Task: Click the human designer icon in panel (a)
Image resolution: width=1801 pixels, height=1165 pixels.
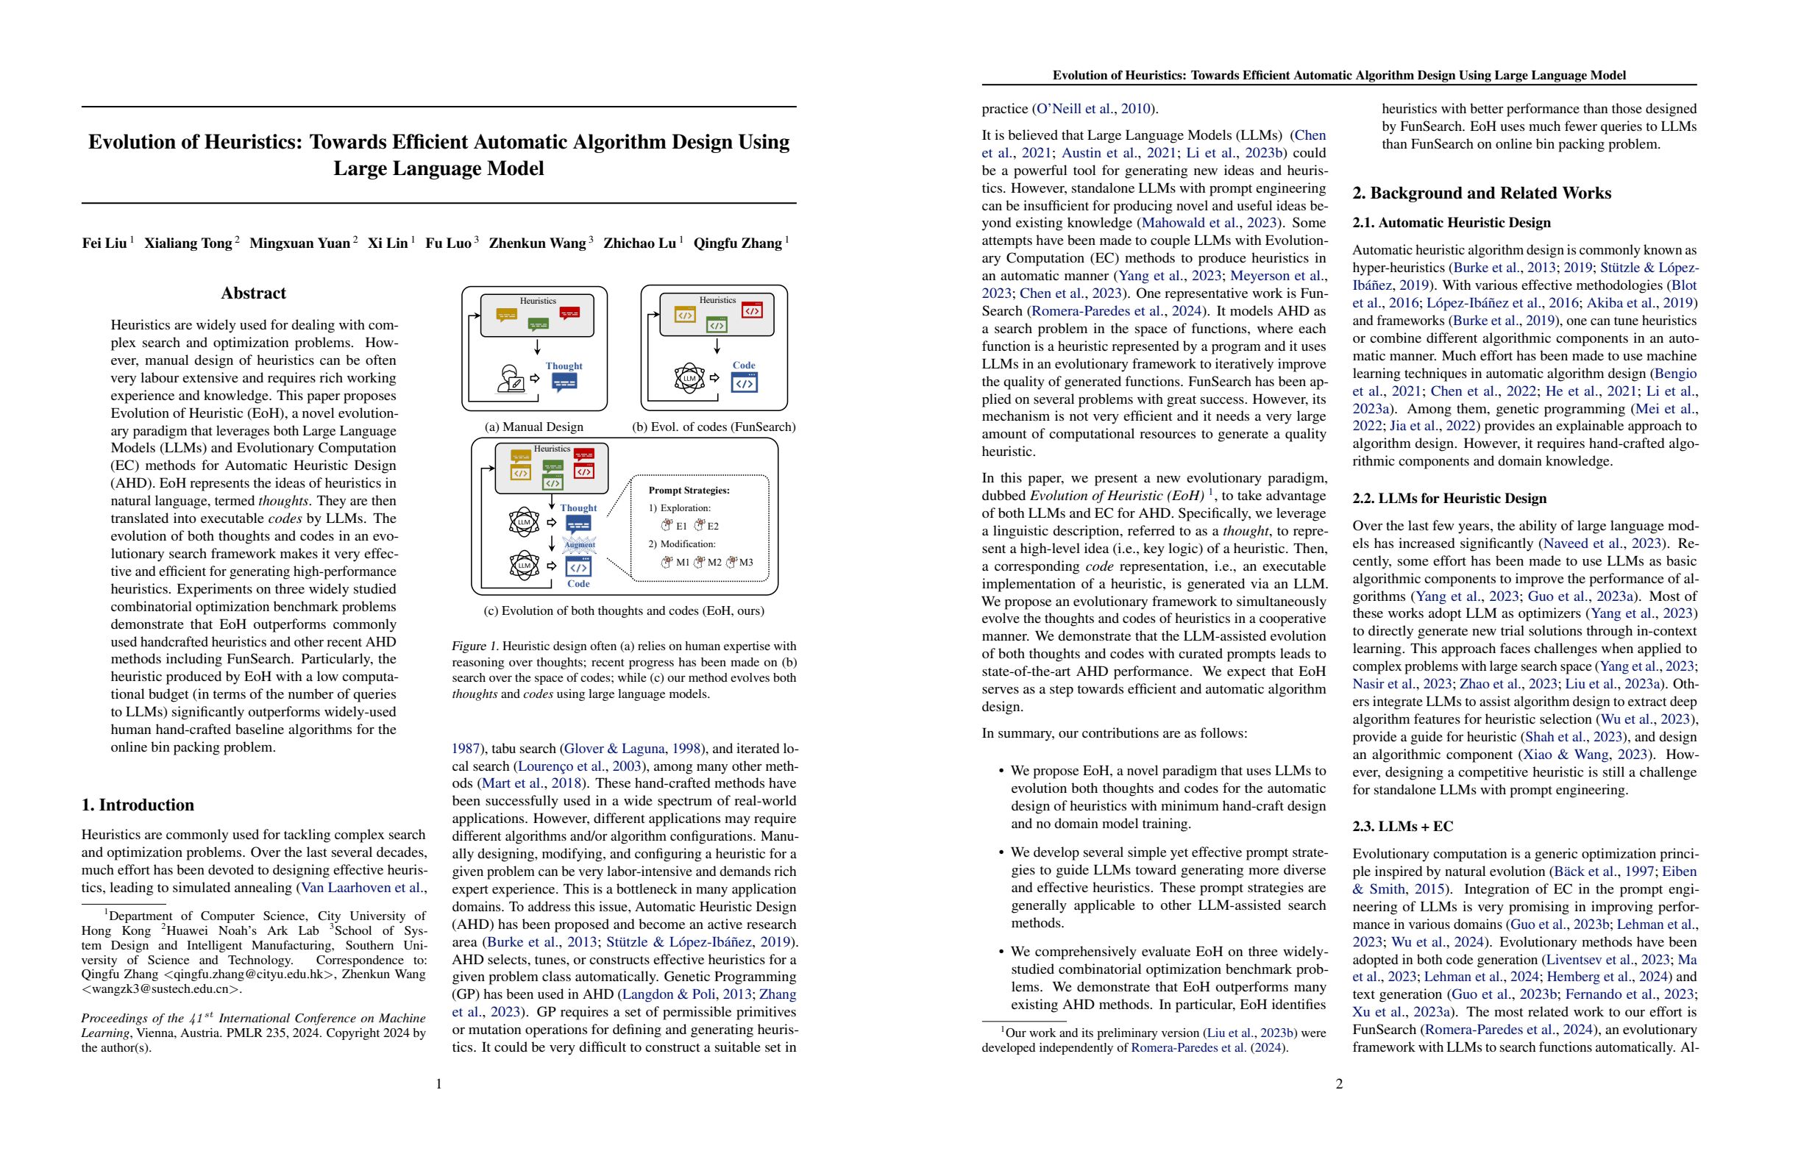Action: (511, 379)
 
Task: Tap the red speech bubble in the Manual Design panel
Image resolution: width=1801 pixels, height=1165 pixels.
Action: (569, 312)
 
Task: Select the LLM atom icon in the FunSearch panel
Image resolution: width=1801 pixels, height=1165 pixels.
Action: (689, 378)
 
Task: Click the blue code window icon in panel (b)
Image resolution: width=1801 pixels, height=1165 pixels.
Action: (744, 383)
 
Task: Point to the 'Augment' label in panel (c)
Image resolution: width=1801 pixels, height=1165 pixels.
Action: (580, 545)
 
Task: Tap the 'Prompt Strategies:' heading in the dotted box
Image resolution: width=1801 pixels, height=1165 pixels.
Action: (689, 491)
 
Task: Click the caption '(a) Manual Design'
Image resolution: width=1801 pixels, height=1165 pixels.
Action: (533, 427)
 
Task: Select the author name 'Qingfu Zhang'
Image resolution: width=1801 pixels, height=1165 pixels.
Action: (738, 243)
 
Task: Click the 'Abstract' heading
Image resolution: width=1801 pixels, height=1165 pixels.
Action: (253, 293)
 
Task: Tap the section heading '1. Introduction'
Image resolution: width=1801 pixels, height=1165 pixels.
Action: (138, 805)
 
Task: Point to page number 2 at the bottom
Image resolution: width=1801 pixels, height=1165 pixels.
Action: (1339, 1084)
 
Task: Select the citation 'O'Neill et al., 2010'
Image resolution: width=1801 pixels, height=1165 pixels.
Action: (1093, 109)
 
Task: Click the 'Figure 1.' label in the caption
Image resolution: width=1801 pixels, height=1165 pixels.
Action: (475, 646)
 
